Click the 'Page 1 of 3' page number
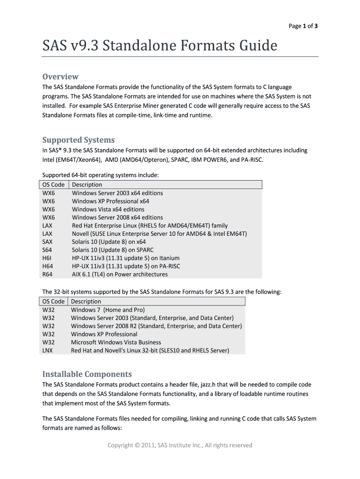coord(303,26)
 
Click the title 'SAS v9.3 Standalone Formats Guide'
coord(160,46)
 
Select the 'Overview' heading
coord(60,77)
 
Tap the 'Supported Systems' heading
coord(79,140)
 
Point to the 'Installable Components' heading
coord(87,374)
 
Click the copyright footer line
coord(180,445)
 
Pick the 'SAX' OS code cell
coord(48,242)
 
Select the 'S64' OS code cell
coord(48,250)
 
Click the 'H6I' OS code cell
coord(47,258)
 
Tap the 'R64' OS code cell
coord(48,275)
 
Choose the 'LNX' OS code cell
coord(48,350)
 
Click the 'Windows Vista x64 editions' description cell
coord(108,209)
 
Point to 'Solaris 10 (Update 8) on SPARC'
coord(113,250)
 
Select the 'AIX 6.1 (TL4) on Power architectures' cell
coord(120,275)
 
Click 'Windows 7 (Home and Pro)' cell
coord(108,310)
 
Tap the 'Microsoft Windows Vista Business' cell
coord(116,342)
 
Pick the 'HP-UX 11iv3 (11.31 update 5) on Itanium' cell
coord(126,258)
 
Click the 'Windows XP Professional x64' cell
coord(111,201)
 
